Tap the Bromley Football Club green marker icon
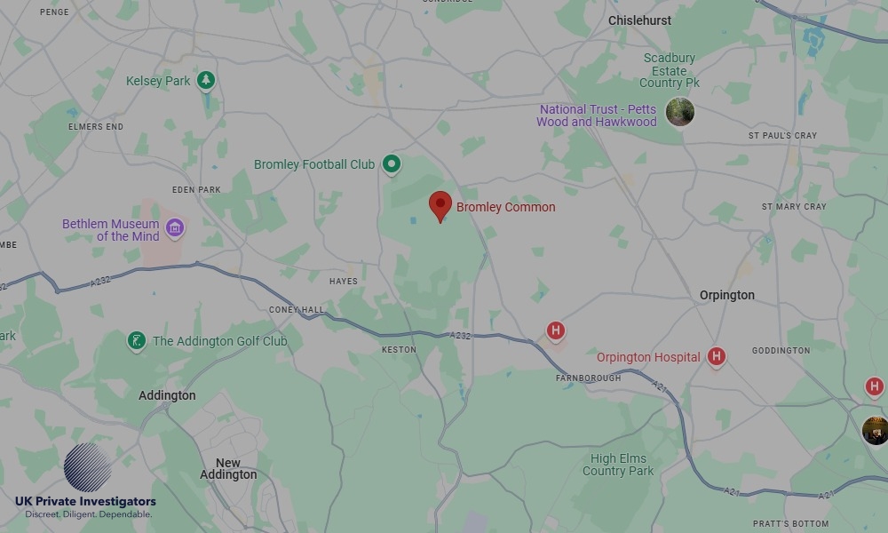tap(392, 163)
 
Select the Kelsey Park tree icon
tap(206, 81)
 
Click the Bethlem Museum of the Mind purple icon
tap(175, 229)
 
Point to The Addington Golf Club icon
tap(136, 341)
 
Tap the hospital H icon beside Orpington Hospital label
tap(717, 357)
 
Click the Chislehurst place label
tap(639, 20)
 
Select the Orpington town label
tap(726, 295)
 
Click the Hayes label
tap(344, 282)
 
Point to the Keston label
tap(399, 350)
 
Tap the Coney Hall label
tap(297, 310)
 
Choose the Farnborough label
tap(589, 378)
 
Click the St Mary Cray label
tap(794, 207)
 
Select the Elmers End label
tap(96, 127)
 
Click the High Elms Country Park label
tap(618, 465)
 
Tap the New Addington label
tap(228, 469)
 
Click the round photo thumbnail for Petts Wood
tap(680, 112)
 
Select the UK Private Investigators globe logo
tap(88, 467)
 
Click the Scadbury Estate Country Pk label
tap(670, 70)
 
